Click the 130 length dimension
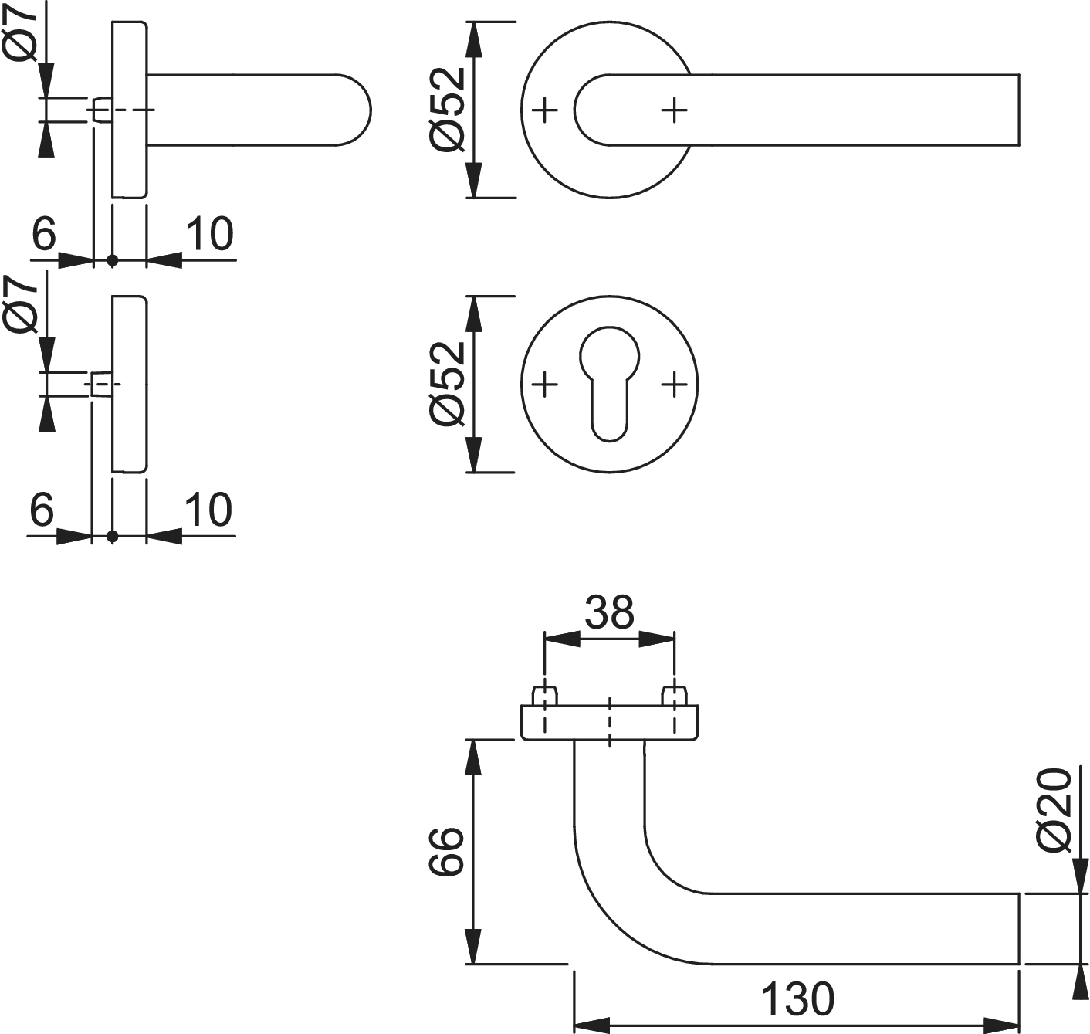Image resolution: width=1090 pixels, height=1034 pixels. pos(797,998)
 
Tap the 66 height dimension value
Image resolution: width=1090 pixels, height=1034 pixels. pos(446,851)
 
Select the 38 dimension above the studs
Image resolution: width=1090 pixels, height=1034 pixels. pos(609,612)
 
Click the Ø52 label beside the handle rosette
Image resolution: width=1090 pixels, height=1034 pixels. pos(449,109)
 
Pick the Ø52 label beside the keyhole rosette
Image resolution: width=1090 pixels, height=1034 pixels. pos(449,383)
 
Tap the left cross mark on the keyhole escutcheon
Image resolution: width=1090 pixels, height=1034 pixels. pos(545,383)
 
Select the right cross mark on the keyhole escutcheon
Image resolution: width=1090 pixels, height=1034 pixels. pos(675,383)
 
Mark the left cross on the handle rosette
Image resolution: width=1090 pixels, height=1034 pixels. pos(545,110)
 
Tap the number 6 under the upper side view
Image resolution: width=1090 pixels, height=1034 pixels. pos(44,233)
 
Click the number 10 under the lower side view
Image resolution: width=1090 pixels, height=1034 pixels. pos(208,509)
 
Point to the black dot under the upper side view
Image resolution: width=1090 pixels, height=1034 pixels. pos(113,261)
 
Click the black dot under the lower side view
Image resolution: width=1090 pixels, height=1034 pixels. pos(113,536)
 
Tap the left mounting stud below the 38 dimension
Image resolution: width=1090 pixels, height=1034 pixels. pos(545,696)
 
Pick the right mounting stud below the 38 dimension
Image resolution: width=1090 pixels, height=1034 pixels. pos(675,696)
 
